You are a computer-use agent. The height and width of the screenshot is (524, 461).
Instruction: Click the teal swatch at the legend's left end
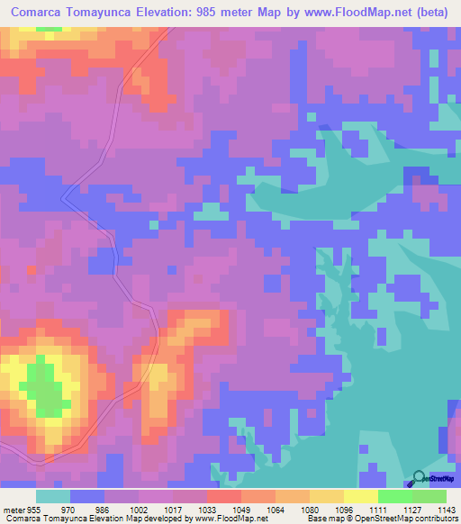(53, 496)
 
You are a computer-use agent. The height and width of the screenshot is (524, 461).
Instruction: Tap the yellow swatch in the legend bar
(361, 496)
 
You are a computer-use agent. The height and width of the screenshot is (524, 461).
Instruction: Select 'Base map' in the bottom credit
(326, 518)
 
